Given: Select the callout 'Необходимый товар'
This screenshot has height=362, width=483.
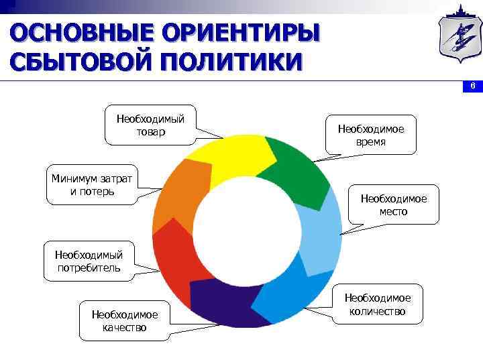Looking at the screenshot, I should click(x=150, y=125).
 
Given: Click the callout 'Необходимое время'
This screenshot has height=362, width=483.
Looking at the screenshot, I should click(x=371, y=135).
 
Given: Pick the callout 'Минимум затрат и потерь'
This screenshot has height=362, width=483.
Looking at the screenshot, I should click(x=92, y=184).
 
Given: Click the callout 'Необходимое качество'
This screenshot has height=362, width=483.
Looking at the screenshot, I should click(x=125, y=320).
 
